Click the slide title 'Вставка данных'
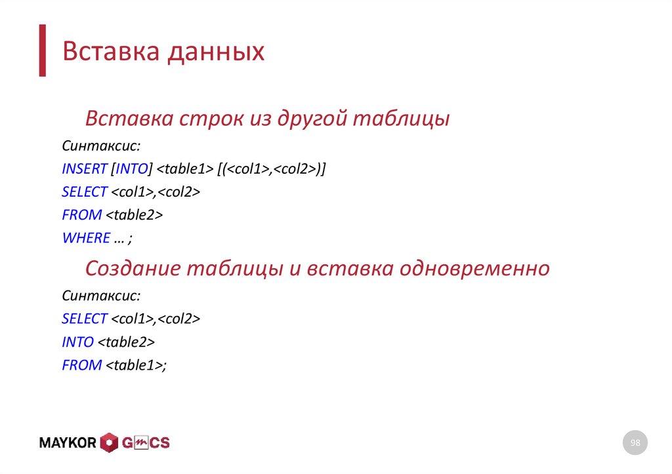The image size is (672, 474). click(x=163, y=52)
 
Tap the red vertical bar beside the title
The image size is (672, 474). click(x=43, y=51)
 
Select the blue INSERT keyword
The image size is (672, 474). click(x=84, y=169)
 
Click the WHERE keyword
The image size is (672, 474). click(x=85, y=238)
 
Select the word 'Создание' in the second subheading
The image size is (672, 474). click(x=133, y=268)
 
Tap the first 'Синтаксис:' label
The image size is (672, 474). click(x=101, y=146)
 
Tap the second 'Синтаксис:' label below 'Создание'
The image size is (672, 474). click(x=101, y=295)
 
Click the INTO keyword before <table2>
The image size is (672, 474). click(x=77, y=342)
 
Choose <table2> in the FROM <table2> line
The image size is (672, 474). click(x=134, y=215)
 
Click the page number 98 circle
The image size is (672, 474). click(x=635, y=444)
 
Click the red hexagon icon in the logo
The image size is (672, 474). click(x=109, y=443)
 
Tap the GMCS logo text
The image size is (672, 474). click(x=146, y=443)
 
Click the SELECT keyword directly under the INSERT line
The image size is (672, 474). click(x=84, y=192)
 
